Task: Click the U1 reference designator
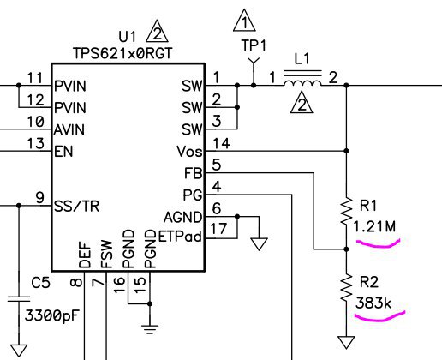128,37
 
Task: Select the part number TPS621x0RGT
122,53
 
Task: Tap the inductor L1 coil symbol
302,83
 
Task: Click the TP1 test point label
254,45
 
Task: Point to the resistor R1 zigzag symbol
346,211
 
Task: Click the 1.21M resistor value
374,226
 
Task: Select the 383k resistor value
373,303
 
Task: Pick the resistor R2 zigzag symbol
346,288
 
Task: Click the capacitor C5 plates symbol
19,299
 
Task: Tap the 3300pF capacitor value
51,315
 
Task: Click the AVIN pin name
69,129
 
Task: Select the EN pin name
63,152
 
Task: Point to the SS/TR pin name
76,207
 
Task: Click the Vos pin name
189,152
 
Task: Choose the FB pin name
194,173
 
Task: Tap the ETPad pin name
180,237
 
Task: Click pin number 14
222,143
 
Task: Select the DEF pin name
85,255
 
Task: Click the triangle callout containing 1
244,21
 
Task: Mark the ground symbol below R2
346,342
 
